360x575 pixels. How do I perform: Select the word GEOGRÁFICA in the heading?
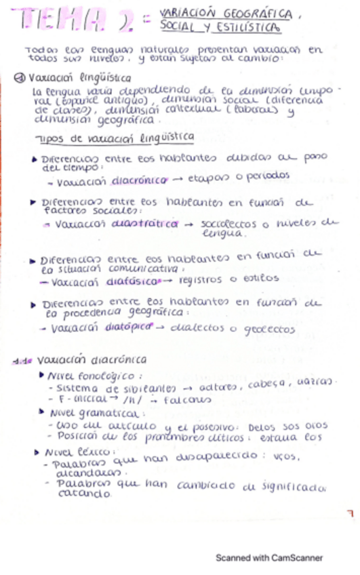(257, 14)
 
